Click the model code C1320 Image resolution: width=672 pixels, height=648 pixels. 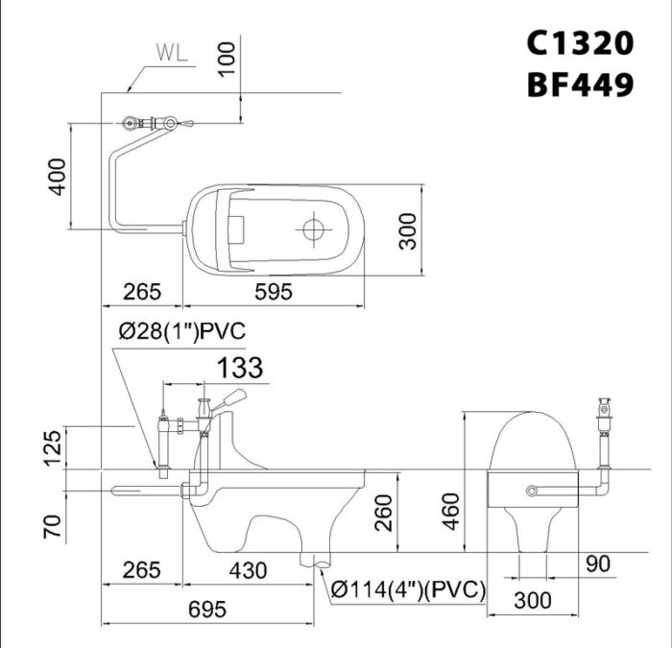click(580, 42)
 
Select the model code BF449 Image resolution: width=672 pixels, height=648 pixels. click(580, 85)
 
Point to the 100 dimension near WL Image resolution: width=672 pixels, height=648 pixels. click(226, 60)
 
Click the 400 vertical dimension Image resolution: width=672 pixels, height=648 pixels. click(59, 177)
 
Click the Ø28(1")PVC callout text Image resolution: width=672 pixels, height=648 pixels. click(182, 331)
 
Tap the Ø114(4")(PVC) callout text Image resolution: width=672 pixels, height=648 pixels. click(409, 588)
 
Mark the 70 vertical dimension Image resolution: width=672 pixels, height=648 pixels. click(56, 525)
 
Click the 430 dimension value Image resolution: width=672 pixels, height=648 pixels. click(248, 570)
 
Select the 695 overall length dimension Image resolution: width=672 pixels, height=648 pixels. click(207, 609)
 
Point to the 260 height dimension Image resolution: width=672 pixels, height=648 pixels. click(382, 512)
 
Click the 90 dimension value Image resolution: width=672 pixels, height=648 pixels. click(599, 564)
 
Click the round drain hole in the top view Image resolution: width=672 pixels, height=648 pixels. click(312, 229)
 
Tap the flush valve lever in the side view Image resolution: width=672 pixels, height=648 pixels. click(228, 398)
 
